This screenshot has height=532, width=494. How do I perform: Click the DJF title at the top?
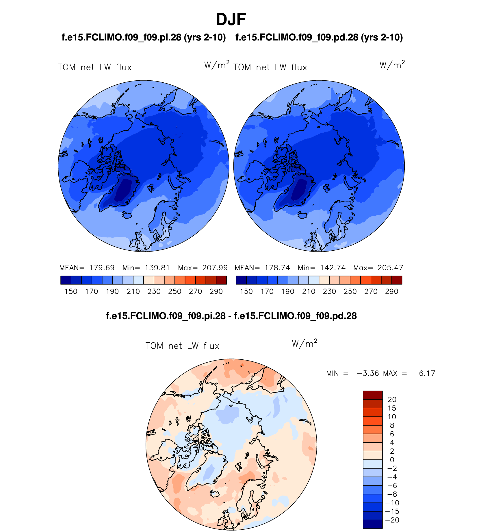pos(231,20)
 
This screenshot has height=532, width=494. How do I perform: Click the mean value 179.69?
pos(102,268)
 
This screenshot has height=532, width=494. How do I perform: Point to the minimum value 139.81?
pos(157,268)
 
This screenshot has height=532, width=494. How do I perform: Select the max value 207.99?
pos(215,268)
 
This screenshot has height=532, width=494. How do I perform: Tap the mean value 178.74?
pos(277,268)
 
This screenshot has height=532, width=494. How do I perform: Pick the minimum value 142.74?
pos(333,268)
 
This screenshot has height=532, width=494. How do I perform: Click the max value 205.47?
pos(390,268)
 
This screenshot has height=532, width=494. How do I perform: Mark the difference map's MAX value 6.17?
pos(427,373)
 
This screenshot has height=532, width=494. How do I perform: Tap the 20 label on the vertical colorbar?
pos(392,400)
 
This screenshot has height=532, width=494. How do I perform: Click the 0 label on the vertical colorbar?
pos(392,460)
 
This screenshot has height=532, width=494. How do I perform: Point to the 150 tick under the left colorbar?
pos(71,291)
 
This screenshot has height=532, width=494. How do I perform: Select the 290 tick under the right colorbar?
pos(392,291)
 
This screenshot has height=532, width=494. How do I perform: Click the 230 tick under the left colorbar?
pos(154,291)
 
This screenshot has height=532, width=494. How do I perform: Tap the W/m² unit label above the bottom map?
pos(304,344)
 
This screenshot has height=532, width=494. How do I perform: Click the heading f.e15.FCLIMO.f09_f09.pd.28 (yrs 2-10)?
pos(319,37)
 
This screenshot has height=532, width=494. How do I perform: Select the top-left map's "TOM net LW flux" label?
pos(95,67)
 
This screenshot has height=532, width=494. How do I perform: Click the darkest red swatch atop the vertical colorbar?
pos(373,395)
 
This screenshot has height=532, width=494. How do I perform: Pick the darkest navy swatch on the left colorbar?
pos(66,280)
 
